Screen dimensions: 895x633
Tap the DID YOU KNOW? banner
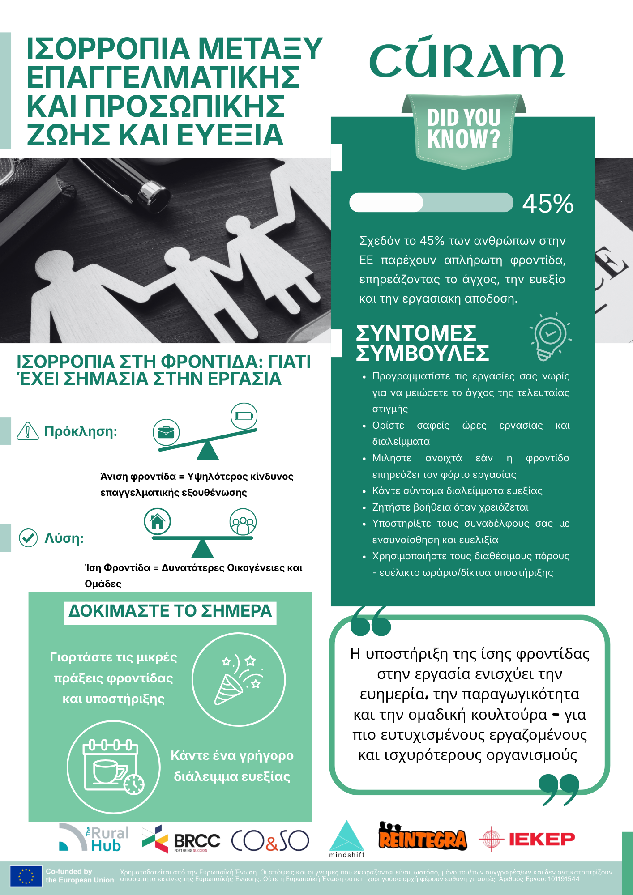pos(463,130)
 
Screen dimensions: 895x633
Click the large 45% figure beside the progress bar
pos(547,204)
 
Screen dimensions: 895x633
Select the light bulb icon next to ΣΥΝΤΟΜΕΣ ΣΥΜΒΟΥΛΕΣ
pos(550,337)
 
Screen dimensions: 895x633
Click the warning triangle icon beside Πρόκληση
pos(28,431)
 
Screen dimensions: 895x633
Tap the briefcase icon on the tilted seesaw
pos(166,432)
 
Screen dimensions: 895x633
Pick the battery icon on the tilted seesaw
pos(244,416)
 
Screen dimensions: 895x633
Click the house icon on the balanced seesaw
pos(157,521)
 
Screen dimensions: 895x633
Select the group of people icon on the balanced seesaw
pos(243,522)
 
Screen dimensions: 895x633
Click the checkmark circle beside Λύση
pos(28,537)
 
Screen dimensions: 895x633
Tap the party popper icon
pos(239,679)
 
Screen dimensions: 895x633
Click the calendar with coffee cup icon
pos(113,766)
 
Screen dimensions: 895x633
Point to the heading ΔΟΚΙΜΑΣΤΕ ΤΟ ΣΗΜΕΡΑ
pos(170,611)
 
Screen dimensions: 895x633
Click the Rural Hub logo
pos(94,837)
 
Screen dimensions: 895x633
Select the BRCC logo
pos(181,840)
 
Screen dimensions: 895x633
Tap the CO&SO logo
pos(270,840)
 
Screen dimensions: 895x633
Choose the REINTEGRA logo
pos(422,837)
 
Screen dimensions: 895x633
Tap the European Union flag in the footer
pos(26,876)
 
